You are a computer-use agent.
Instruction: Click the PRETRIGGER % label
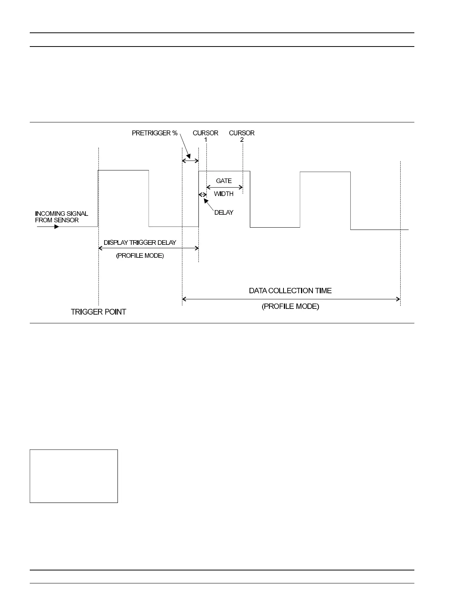155,133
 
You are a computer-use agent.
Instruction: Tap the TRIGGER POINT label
98,312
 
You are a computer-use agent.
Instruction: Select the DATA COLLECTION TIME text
290,291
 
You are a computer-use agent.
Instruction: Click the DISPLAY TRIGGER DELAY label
140,243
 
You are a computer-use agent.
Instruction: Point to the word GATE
224,181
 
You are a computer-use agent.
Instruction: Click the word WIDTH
224,194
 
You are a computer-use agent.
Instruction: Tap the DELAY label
224,212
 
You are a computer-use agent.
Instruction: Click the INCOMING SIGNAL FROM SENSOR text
61,217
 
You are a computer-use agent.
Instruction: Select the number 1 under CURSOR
206,140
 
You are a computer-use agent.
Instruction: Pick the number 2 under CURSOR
242,140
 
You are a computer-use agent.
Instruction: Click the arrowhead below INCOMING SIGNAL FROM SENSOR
56,227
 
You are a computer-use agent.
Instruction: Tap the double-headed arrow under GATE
224,187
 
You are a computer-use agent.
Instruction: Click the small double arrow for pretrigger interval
190,161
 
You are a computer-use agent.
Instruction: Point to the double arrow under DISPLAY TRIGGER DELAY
148,248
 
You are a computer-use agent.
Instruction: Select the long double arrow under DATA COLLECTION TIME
291,299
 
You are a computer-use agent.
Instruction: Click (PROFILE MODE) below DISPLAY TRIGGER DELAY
140,255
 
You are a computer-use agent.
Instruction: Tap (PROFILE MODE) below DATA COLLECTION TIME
290,306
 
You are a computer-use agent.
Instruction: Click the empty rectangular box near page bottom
74,476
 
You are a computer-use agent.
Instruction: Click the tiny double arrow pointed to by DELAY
203,195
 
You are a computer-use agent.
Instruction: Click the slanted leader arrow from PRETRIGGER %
185,147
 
